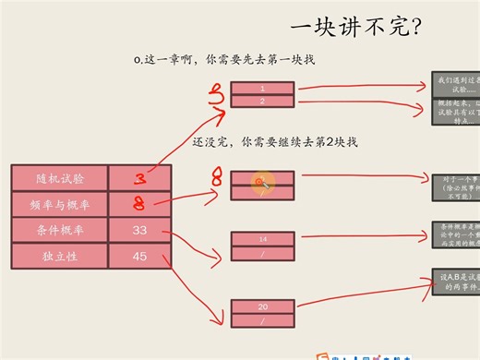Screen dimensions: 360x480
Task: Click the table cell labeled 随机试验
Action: (x=59, y=177)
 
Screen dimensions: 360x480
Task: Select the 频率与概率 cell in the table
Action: (x=59, y=203)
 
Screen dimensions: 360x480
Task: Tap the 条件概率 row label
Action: (x=59, y=229)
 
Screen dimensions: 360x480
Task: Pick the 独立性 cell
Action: (x=59, y=255)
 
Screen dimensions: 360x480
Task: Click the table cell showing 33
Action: (x=139, y=229)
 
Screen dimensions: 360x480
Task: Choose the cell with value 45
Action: (x=139, y=255)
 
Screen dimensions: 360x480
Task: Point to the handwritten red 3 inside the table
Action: (x=139, y=177)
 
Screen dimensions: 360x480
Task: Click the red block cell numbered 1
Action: (x=262, y=88)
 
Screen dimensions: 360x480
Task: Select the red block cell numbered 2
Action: (x=262, y=100)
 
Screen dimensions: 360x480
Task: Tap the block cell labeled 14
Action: (x=262, y=239)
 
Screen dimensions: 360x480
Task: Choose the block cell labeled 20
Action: (x=262, y=306)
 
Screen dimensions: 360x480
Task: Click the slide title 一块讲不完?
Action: (x=356, y=25)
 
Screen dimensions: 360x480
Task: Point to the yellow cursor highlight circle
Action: (x=262, y=183)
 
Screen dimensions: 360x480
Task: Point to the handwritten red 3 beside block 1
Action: (x=218, y=93)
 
